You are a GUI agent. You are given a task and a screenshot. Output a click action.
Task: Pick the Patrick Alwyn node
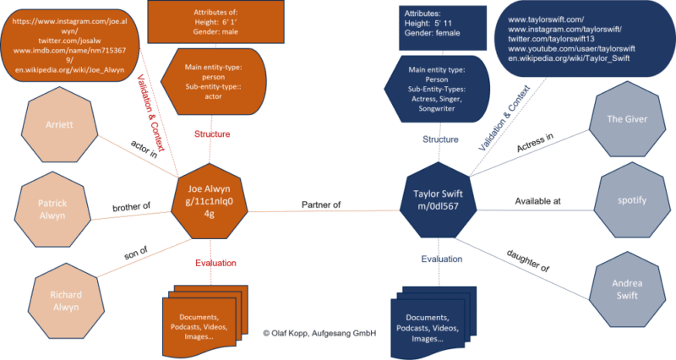click(52, 210)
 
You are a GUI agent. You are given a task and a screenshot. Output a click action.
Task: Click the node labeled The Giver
click(627, 119)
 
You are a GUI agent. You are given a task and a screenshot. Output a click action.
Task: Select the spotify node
click(631, 201)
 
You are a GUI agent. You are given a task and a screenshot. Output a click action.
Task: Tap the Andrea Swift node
click(626, 289)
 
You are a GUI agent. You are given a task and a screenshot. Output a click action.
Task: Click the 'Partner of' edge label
click(320, 204)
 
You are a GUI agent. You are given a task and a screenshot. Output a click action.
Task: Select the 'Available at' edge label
click(538, 202)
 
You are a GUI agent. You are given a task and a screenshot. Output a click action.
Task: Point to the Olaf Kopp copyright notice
click(319, 333)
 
